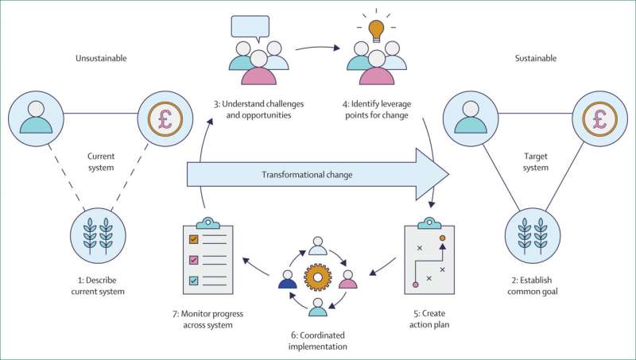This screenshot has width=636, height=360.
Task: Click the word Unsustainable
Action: tap(102, 58)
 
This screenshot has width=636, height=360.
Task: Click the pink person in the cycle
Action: tap(347, 281)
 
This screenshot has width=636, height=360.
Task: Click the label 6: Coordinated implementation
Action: tap(318, 340)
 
